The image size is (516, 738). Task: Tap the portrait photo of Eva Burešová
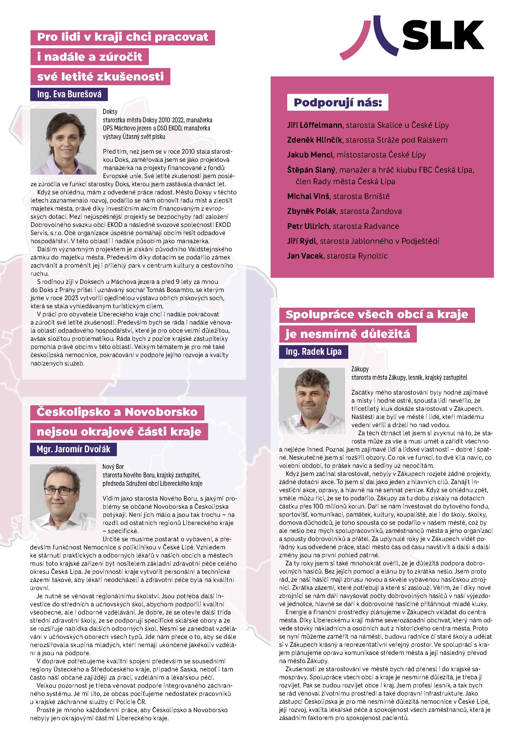[x=63, y=141]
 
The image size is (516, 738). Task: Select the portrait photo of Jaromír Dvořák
[x=63, y=497]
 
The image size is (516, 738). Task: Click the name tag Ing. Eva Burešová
[x=69, y=94]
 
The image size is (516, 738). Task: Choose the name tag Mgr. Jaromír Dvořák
[x=73, y=449]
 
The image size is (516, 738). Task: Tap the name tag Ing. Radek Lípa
[x=313, y=352]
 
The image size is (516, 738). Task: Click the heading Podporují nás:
[x=338, y=103]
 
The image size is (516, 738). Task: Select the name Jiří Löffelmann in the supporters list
[x=315, y=125]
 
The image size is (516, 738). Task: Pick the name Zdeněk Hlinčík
[x=315, y=140]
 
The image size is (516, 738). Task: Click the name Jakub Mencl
[x=310, y=155]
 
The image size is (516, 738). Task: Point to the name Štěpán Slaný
[x=311, y=170]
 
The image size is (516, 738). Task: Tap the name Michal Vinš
[x=308, y=196]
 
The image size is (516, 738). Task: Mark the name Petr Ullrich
[x=308, y=226]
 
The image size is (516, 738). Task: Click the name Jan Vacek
[x=305, y=256]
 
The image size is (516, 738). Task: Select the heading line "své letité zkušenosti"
[x=100, y=76]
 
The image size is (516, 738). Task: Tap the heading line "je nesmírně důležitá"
[x=348, y=334]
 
